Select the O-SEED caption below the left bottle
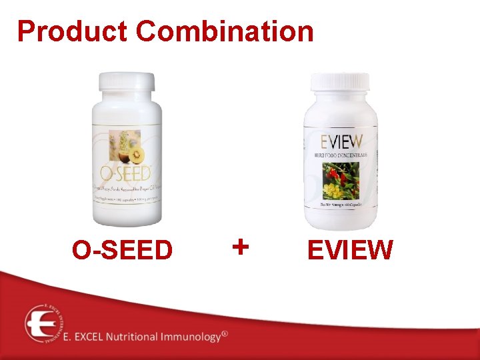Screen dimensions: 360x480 tap(123, 251)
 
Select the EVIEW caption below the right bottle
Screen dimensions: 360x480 tap(350, 251)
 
